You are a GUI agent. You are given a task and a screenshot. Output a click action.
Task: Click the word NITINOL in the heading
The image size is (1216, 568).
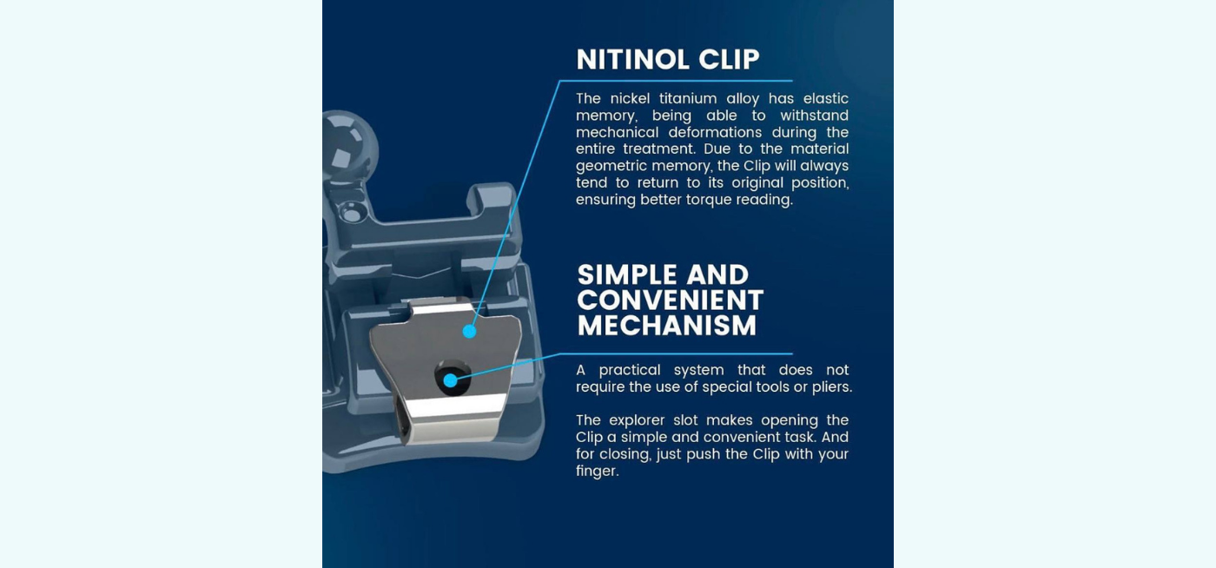(633, 60)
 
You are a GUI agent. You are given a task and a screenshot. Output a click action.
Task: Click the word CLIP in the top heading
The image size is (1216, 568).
(729, 60)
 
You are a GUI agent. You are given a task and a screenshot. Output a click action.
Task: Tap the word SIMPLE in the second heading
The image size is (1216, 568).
(627, 274)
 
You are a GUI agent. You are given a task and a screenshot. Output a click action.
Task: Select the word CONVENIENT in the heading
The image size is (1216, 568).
(671, 301)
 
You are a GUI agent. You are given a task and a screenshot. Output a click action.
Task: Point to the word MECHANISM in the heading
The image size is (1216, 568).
(667, 326)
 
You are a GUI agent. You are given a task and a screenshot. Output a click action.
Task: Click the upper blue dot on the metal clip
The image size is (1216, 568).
(470, 331)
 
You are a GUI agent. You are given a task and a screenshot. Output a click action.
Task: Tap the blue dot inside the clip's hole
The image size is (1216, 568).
(450, 380)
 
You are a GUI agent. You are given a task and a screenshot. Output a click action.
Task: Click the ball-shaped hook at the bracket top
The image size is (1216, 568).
(347, 146)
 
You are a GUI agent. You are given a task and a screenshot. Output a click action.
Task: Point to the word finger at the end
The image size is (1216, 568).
(598, 472)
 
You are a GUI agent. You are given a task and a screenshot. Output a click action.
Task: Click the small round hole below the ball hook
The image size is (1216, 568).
(352, 213)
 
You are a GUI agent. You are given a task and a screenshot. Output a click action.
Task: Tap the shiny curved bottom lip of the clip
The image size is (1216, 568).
(453, 419)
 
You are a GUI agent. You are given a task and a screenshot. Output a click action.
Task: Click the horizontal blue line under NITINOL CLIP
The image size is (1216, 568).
(676, 81)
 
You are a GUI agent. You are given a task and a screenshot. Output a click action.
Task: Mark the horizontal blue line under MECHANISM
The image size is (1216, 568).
(676, 354)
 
